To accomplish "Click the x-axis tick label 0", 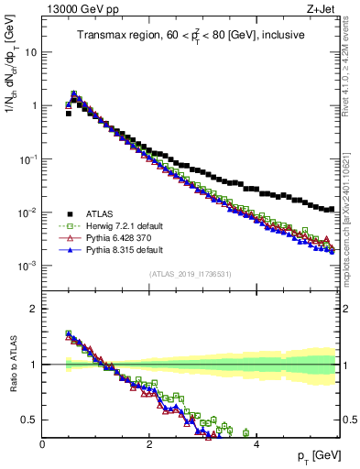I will click(42, 444).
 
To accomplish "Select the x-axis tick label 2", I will click(149, 444).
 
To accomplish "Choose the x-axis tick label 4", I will click(256, 444).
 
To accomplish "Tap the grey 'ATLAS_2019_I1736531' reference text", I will click(190, 274).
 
